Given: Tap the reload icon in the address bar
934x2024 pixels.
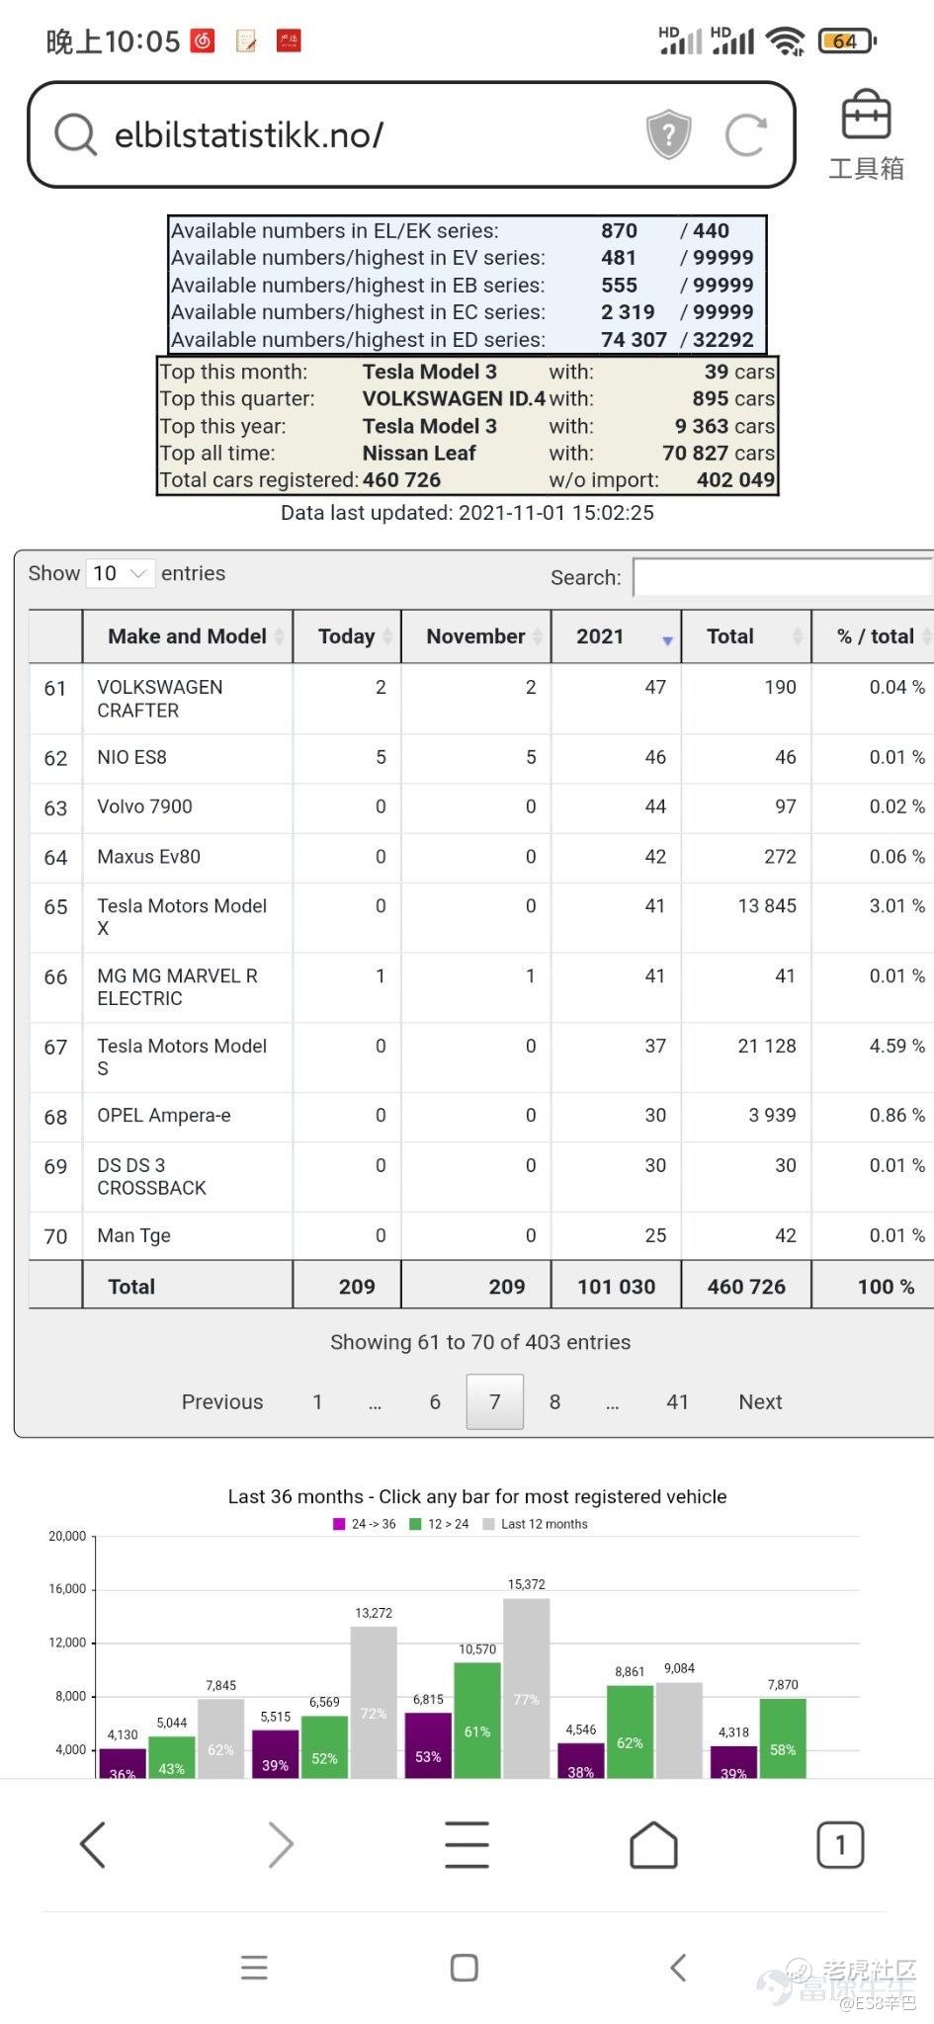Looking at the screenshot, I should pyautogui.click(x=745, y=134).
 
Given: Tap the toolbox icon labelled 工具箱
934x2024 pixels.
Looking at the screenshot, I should pyautogui.click(x=866, y=135).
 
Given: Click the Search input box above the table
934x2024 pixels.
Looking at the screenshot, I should pyautogui.click(x=781, y=577).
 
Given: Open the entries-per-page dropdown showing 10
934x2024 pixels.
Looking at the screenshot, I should pyautogui.click(x=120, y=573).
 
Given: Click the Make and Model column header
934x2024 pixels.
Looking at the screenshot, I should pyautogui.click(x=187, y=636).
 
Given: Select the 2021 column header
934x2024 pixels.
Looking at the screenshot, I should pyautogui.click(x=600, y=636).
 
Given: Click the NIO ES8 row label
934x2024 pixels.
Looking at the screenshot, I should pyautogui.click(x=131, y=758).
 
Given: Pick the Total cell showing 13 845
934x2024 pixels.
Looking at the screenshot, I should pyautogui.click(x=766, y=906).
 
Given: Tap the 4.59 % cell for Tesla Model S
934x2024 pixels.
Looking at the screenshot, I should pyautogui.click(x=896, y=1046).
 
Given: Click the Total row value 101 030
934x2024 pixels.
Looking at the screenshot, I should pyautogui.click(x=616, y=1287).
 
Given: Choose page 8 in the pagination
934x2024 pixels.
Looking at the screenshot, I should pyautogui.click(x=554, y=1401).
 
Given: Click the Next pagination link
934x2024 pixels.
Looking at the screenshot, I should pyautogui.click(x=760, y=1401).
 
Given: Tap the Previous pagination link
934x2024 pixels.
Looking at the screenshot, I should pyautogui.click(x=222, y=1401).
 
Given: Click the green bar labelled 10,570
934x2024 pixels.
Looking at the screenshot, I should pyautogui.click(x=477, y=1720).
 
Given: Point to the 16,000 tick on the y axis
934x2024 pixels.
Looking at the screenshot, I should pyautogui.click(x=67, y=1589).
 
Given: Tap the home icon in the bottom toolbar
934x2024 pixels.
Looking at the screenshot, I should pyautogui.click(x=653, y=1844).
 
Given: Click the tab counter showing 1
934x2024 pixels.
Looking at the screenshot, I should pyautogui.click(x=840, y=1844).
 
